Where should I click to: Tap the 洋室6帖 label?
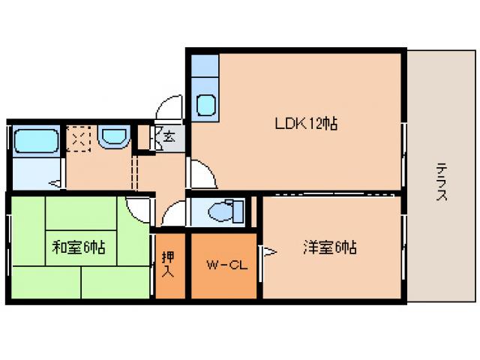pos(329,246)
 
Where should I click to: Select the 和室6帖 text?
pos(78,246)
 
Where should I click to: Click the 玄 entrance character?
pos(170,137)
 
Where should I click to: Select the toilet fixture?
pos(224,211)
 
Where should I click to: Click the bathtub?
pos(37,139)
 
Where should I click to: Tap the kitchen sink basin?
pos(206,106)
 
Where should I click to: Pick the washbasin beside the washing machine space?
pos(114,136)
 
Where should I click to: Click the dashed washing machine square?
pos(79,139)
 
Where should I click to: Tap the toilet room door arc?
pos(172,214)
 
